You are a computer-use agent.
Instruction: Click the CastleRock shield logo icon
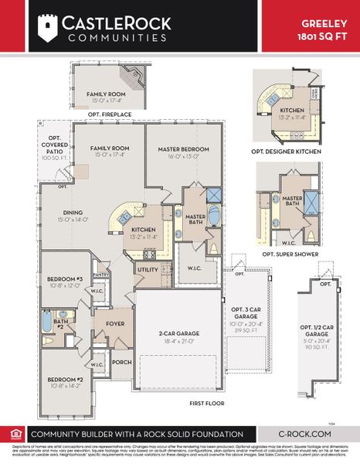pos(48,27)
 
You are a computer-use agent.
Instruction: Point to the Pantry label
pos(100,275)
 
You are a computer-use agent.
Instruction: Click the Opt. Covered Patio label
pos(55,147)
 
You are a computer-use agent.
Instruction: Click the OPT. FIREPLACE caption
pos(109,114)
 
